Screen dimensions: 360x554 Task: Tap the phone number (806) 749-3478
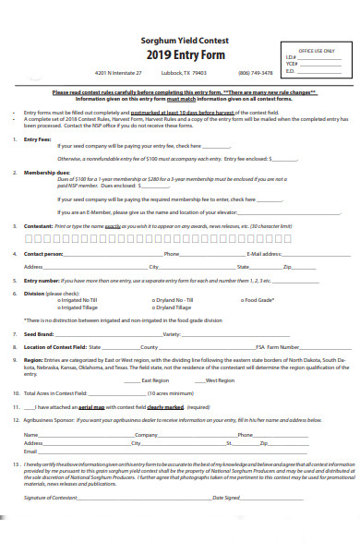256,73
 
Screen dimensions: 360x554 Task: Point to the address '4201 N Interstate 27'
118,73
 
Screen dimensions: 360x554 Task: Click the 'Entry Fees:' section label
38,138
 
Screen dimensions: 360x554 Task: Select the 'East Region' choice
155,380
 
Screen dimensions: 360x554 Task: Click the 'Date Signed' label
227,498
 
